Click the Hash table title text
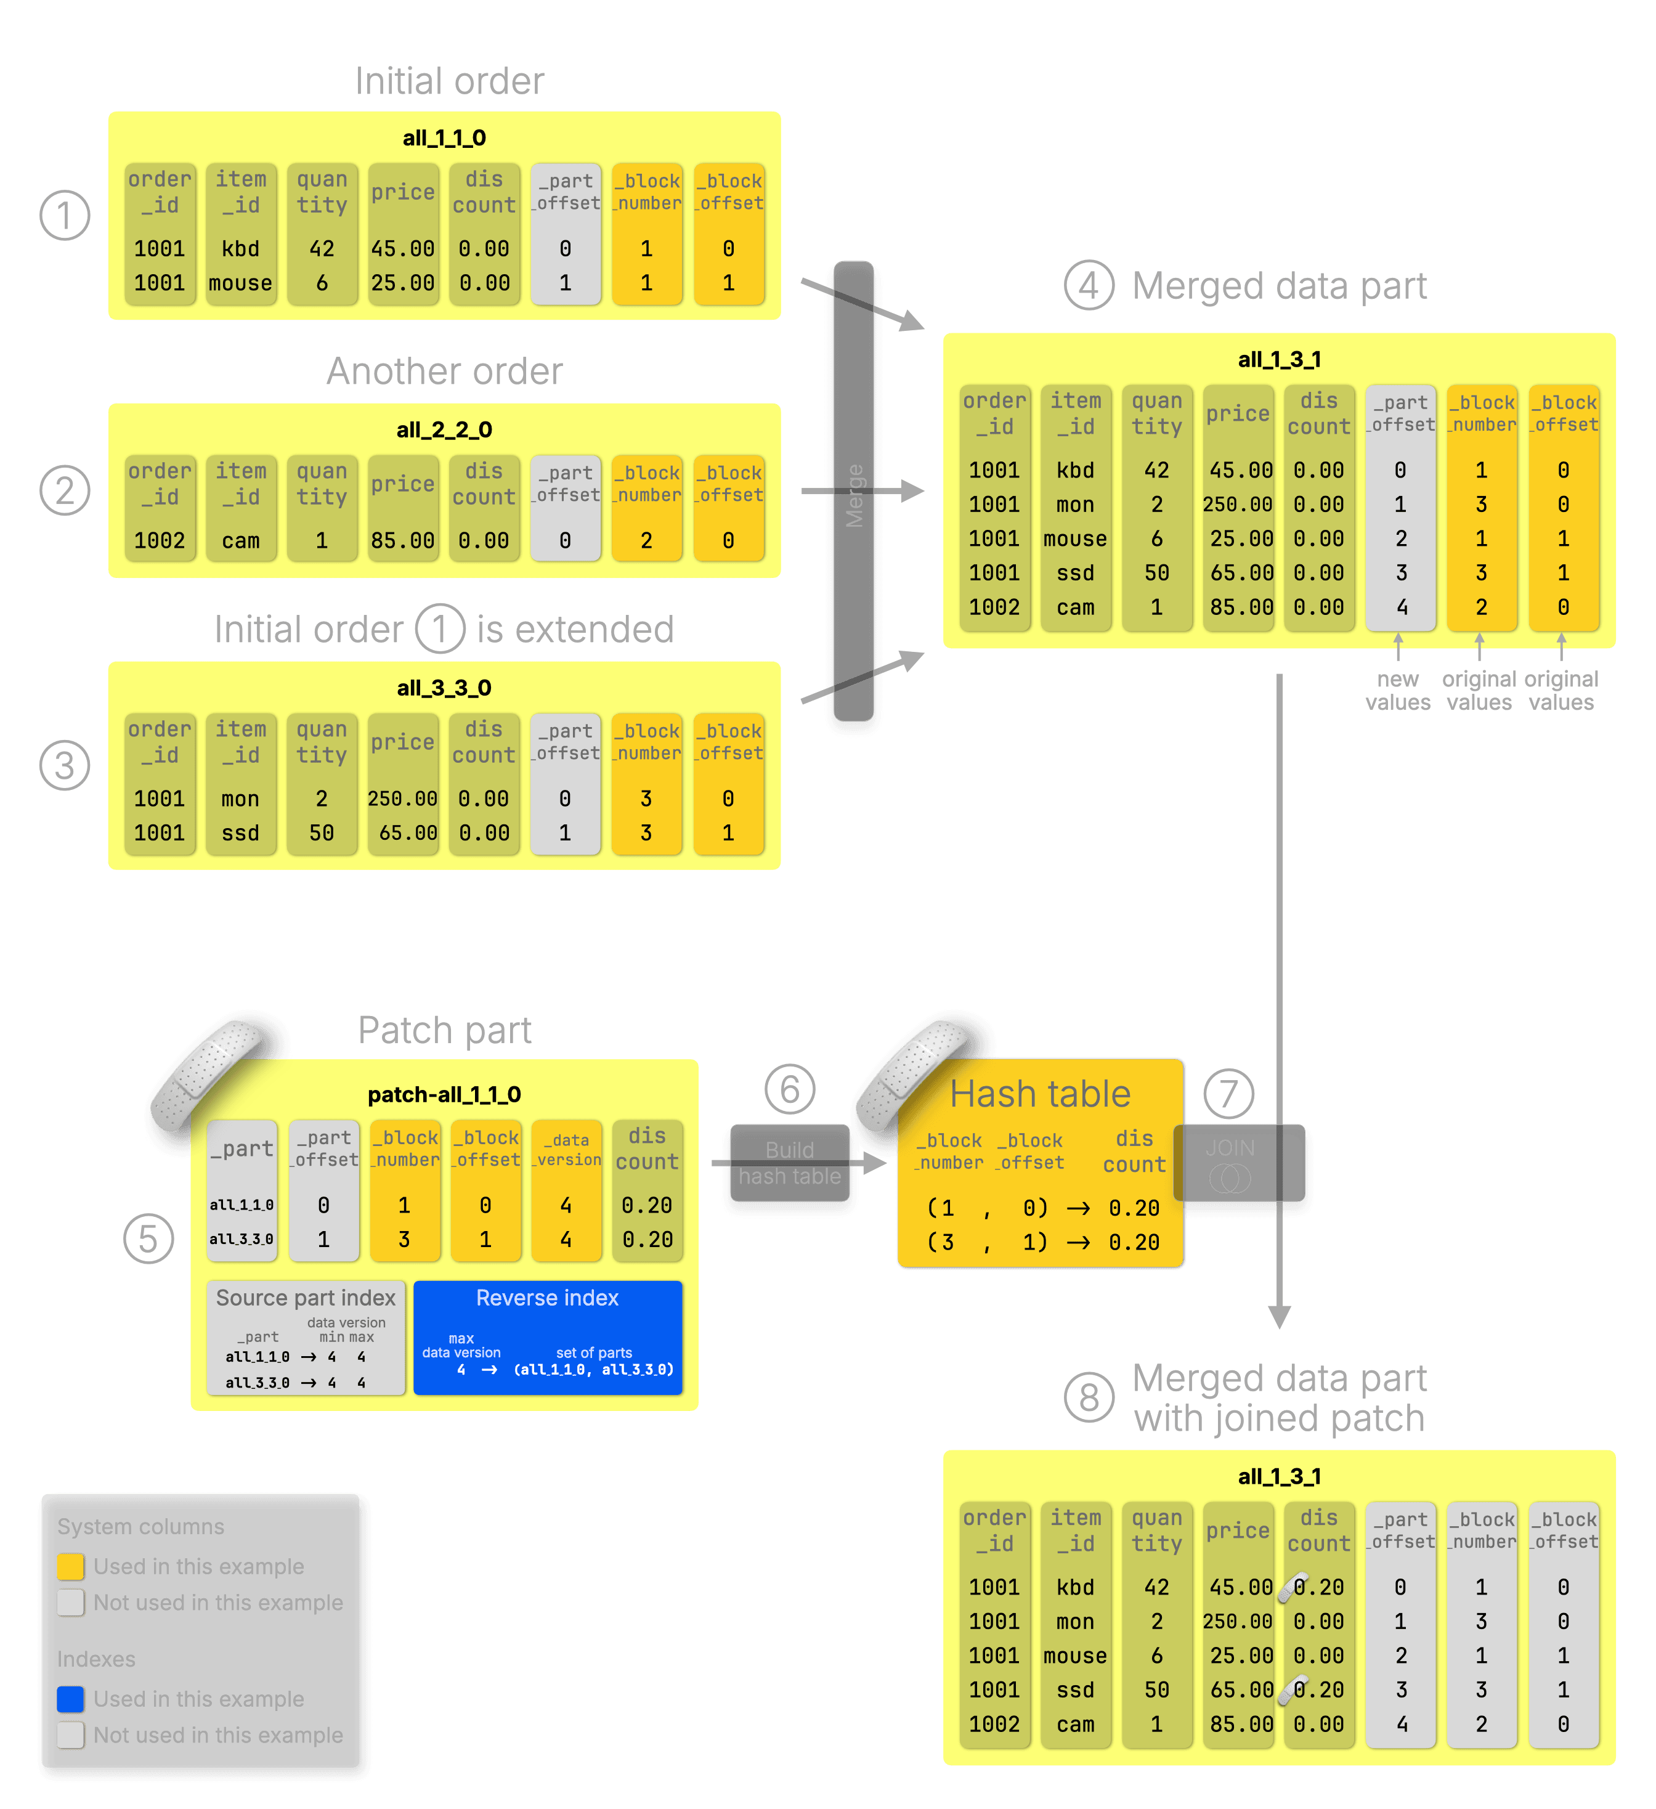(1040, 1094)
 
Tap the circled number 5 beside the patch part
(148, 1239)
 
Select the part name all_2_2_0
(444, 430)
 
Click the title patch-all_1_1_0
(444, 1095)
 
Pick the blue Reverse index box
(547, 1337)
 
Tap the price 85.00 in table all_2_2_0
(403, 541)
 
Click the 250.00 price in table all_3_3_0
(403, 799)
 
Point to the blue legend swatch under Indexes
(71, 1699)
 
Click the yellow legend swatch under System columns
(71, 1567)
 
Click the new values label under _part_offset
(1398, 691)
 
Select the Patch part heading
(444, 1030)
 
